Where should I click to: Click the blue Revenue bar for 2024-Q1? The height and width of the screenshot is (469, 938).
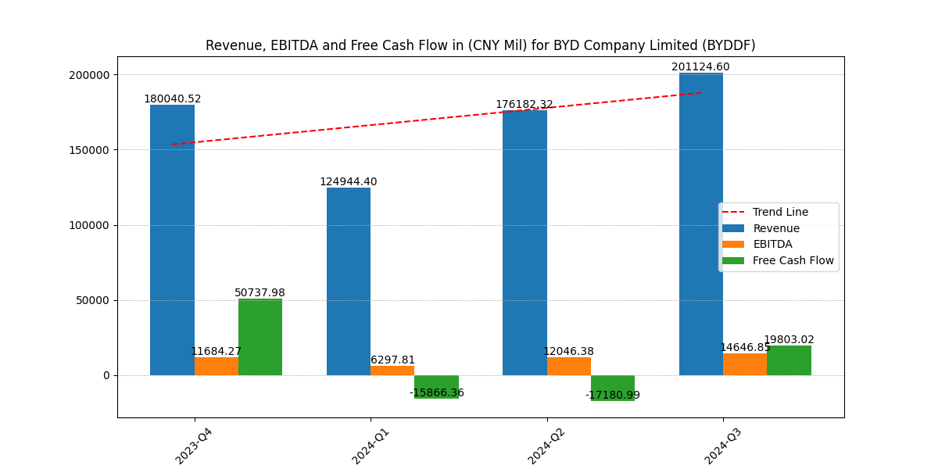pyautogui.click(x=349, y=281)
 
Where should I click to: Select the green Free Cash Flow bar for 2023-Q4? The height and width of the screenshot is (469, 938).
pyautogui.click(x=260, y=337)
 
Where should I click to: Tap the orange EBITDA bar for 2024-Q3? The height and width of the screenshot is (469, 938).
pyautogui.click(x=745, y=364)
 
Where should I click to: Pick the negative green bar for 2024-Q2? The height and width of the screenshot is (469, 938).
pyautogui.click(x=613, y=388)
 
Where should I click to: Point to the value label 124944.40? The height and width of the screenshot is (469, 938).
pyautogui.click(x=348, y=181)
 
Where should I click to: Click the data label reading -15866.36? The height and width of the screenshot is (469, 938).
pyautogui.click(x=436, y=393)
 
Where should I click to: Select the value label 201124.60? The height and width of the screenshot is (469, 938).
pyautogui.click(x=700, y=67)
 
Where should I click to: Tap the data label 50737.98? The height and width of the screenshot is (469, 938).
pyautogui.click(x=260, y=293)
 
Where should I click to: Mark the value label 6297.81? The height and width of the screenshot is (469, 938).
pyautogui.click(x=392, y=360)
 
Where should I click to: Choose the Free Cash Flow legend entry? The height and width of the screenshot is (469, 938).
pyautogui.click(x=793, y=260)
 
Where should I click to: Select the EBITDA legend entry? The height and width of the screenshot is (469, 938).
pyautogui.click(x=772, y=244)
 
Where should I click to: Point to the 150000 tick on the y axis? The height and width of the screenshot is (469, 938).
pyautogui.click(x=89, y=150)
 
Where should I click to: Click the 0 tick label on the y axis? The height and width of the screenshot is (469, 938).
pyautogui.click(x=106, y=375)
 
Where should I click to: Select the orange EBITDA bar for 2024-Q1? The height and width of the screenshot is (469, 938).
pyautogui.click(x=392, y=371)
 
